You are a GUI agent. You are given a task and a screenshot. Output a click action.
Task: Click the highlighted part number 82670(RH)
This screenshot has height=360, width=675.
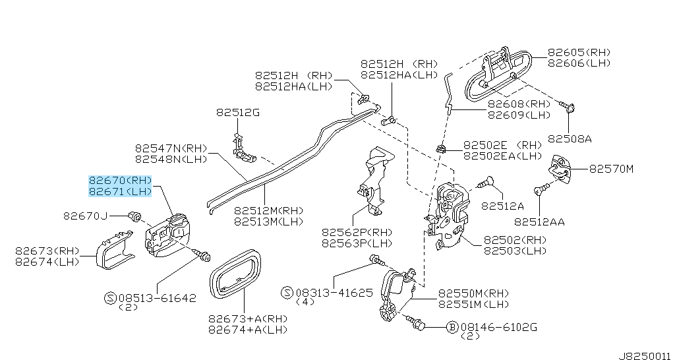click(121, 180)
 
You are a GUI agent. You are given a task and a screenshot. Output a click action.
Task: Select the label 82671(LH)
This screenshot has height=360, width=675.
click(121, 191)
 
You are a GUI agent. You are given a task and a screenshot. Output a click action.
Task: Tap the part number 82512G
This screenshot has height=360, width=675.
click(237, 113)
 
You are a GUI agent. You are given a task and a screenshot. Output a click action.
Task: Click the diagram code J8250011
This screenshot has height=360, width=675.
click(643, 353)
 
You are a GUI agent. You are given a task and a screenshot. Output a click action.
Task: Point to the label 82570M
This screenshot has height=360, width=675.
click(610, 169)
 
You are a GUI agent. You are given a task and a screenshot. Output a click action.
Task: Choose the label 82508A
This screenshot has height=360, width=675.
click(570, 139)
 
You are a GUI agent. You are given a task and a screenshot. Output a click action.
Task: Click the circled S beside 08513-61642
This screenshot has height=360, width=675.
click(110, 298)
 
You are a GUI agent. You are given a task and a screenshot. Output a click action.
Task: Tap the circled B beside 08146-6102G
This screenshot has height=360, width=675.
click(453, 326)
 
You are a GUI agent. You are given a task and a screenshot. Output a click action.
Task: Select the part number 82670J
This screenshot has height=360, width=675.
click(85, 216)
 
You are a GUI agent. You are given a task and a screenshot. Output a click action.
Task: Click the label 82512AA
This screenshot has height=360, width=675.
click(539, 222)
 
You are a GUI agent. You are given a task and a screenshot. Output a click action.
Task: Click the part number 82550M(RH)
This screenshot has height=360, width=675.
click(473, 293)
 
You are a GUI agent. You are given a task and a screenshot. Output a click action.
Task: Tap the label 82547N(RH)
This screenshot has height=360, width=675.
click(171, 148)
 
